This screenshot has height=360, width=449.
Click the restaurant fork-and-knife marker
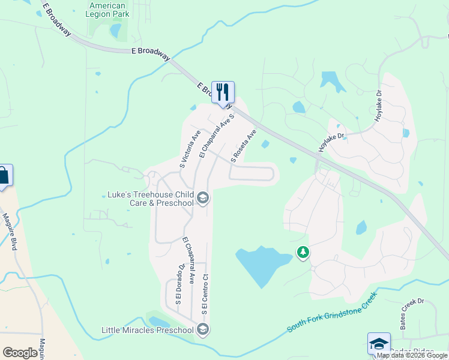[x=223, y=92]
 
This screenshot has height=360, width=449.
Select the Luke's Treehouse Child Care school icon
[x=203, y=198]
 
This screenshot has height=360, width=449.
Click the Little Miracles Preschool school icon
[x=203, y=329]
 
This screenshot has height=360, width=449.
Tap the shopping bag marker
[x=4, y=175]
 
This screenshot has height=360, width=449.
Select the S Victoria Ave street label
[x=190, y=148]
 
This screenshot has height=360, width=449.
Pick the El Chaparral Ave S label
[x=215, y=137]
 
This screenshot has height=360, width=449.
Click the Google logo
[x=20, y=353]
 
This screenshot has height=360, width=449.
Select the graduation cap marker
[x=379, y=343]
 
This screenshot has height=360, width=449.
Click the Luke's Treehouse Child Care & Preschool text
[x=150, y=199]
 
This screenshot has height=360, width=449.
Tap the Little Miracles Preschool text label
[x=148, y=329]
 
